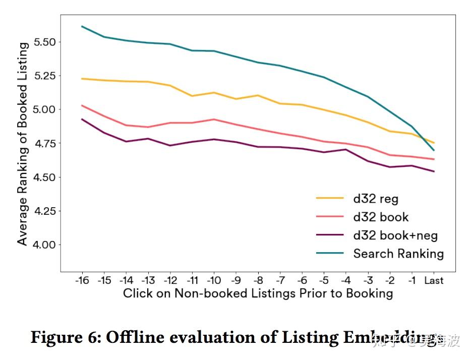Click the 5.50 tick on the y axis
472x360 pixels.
[x=45, y=42]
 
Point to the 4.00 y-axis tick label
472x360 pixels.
[x=45, y=245]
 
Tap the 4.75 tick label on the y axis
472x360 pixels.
[x=45, y=144]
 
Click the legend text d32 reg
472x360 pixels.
[x=376, y=199]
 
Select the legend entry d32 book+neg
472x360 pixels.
[x=395, y=235]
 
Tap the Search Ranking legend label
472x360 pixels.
[x=398, y=254]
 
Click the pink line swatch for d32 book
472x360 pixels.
[x=330, y=217]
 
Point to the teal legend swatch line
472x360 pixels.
[x=330, y=254]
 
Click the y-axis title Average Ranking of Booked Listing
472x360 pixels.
[x=22, y=144]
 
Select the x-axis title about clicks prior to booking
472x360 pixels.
[x=258, y=293]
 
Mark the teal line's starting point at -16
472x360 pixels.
[x=82, y=26]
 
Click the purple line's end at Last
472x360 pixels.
[x=434, y=171]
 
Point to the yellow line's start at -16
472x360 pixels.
[x=82, y=79]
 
